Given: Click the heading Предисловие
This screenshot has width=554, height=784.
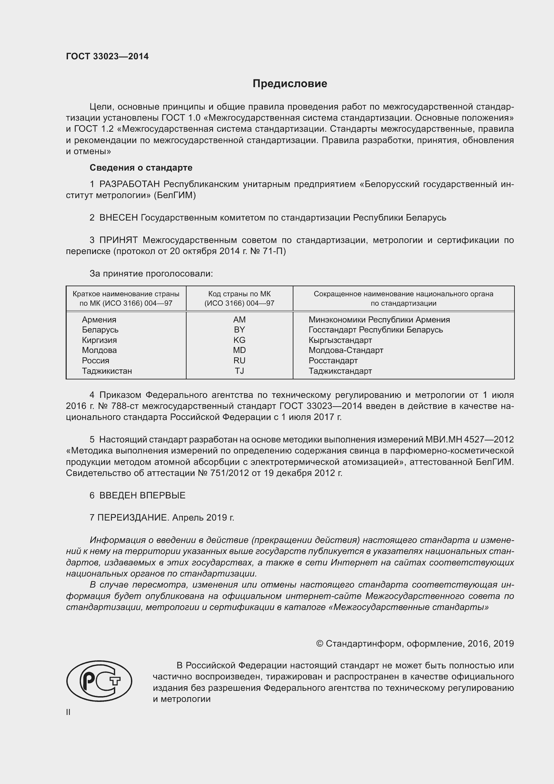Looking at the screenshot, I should tap(290, 84).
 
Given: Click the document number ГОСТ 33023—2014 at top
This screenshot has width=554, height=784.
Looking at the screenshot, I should tap(107, 57).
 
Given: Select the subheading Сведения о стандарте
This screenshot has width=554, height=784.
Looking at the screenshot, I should tap(141, 168).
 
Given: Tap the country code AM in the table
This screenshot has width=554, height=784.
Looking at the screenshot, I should tap(239, 320).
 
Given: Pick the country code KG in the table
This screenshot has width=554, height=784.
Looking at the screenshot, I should tap(239, 340).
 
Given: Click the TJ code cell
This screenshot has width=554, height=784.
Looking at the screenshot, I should tap(239, 371).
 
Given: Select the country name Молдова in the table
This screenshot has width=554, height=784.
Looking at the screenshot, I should tap(99, 350).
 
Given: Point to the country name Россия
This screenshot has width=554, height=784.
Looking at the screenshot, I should tap(95, 361).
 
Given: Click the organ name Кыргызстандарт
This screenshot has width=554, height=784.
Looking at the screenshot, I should tap(340, 340).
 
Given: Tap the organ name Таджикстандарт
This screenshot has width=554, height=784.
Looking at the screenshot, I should tap(340, 371).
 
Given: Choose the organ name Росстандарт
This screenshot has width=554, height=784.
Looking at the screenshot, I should tap(333, 361).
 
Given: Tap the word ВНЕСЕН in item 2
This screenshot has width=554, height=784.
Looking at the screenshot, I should tap(118, 218).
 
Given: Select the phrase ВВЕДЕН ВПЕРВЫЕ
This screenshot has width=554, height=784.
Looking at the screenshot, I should tap(142, 495).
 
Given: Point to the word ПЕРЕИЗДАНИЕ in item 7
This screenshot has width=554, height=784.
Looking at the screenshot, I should tap(133, 518).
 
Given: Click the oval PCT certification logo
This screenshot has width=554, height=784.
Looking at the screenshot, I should tap(99, 681).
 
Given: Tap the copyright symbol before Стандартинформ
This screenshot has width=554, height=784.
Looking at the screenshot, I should tap(319, 644).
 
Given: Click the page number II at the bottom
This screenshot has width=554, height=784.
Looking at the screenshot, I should tap(68, 712).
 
